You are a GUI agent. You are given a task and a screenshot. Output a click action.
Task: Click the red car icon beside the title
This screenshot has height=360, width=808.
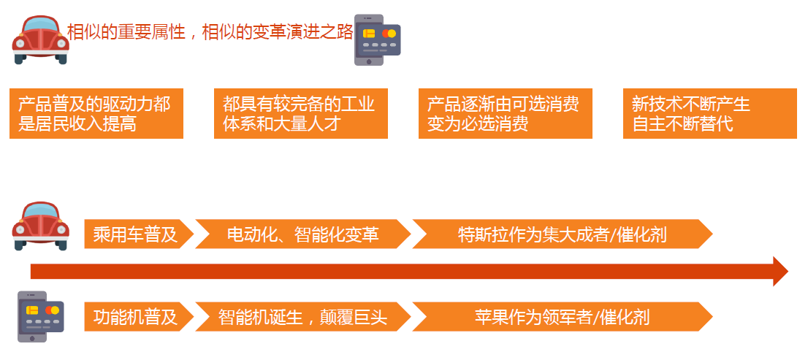pos(40,39)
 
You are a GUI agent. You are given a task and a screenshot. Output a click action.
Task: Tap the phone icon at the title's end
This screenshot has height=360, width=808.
pos(377,40)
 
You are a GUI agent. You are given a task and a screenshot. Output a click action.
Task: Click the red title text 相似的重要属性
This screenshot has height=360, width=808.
pos(126,32)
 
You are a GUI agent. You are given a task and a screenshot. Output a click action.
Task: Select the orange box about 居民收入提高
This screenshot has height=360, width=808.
pos(96,113)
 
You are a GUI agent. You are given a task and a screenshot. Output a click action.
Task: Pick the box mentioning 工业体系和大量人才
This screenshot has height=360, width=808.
pos(301,113)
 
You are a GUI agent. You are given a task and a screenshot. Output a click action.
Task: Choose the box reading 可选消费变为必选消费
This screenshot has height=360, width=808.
pos(506,113)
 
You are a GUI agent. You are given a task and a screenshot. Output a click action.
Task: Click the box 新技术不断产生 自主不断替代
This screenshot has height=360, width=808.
pos(710,113)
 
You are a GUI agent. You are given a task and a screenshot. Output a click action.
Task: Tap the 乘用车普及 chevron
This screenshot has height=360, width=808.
pos(139,234)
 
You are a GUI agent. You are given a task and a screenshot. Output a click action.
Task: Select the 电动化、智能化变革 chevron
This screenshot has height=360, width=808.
pos(303,234)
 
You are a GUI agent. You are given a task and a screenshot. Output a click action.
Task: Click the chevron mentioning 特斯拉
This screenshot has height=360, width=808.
pos(563,234)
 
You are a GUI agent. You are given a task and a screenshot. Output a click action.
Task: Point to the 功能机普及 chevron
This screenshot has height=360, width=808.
pos(139,317)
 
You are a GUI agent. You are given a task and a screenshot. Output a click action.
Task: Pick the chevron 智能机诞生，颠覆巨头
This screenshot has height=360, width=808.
pos(303,317)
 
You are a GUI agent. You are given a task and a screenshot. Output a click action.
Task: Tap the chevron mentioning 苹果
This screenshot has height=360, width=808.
pos(563,317)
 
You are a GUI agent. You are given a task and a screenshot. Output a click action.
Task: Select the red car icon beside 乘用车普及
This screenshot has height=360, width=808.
pos(40,226)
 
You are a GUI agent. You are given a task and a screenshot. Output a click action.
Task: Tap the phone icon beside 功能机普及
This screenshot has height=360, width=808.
pos(41,317)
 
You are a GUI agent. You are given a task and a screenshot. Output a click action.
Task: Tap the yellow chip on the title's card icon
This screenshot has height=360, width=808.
pos(368,34)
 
